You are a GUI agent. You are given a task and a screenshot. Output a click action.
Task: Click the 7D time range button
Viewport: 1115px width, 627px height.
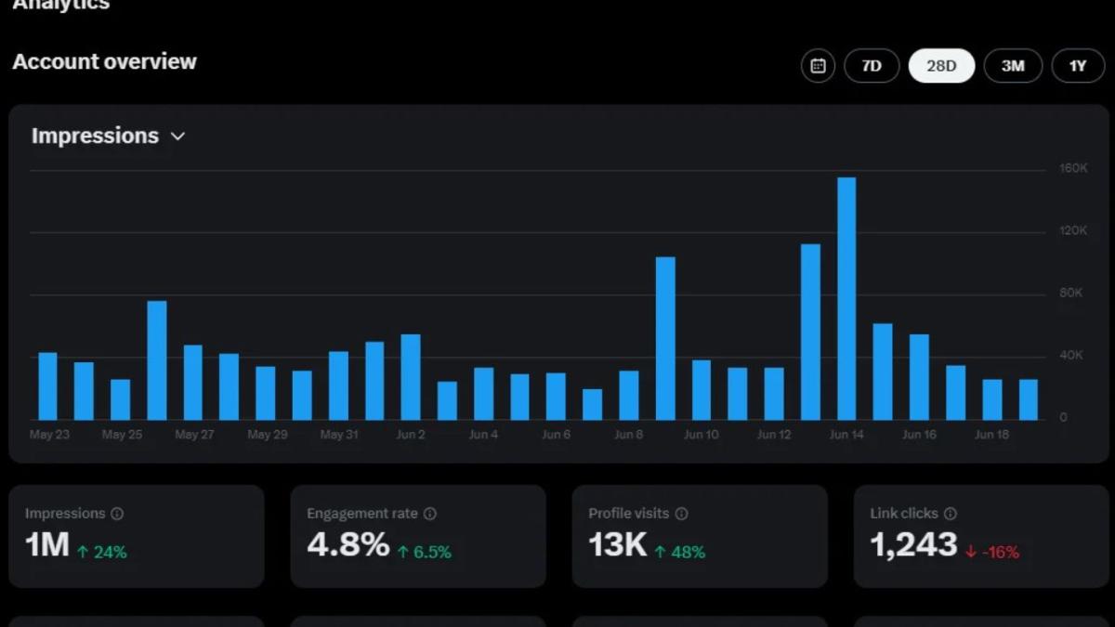[x=872, y=66]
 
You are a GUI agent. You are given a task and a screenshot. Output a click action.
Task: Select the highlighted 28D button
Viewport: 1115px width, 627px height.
[x=941, y=66]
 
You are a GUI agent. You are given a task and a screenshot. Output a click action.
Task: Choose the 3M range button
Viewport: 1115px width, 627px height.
[x=1013, y=66]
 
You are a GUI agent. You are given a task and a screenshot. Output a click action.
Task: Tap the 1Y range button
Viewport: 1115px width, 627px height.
[x=1078, y=66]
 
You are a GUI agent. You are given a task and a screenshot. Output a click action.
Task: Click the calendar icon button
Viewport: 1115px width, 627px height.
[x=818, y=66]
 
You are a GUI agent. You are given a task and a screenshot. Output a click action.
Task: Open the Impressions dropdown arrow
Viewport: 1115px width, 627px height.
[x=178, y=137]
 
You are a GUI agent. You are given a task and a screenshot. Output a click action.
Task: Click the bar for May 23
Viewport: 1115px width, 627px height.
[x=47, y=386]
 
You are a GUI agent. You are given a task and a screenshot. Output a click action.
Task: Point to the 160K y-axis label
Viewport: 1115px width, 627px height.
[x=1073, y=168]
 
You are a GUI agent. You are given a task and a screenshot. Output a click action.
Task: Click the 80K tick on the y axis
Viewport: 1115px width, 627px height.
[x=1071, y=293]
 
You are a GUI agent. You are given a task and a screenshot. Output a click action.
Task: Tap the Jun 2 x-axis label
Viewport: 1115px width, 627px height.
[x=411, y=435]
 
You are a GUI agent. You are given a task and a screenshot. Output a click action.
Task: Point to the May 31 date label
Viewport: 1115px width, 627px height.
[x=339, y=435]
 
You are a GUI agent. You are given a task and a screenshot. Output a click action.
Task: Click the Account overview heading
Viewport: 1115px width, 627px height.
[x=104, y=62]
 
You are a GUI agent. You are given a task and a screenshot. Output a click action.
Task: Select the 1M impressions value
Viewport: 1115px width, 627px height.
[x=47, y=545]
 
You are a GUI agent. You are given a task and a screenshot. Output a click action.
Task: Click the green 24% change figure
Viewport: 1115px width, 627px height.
[x=102, y=552]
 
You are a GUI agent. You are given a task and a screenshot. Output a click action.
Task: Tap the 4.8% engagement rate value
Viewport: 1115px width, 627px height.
[x=348, y=545]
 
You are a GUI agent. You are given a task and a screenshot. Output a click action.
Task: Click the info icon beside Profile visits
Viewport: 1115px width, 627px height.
[x=681, y=514]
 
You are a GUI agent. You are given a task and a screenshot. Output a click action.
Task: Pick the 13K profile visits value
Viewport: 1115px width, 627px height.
[x=617, y=545]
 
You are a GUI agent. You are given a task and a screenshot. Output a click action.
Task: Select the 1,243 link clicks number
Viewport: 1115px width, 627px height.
[x=913, y=545]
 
